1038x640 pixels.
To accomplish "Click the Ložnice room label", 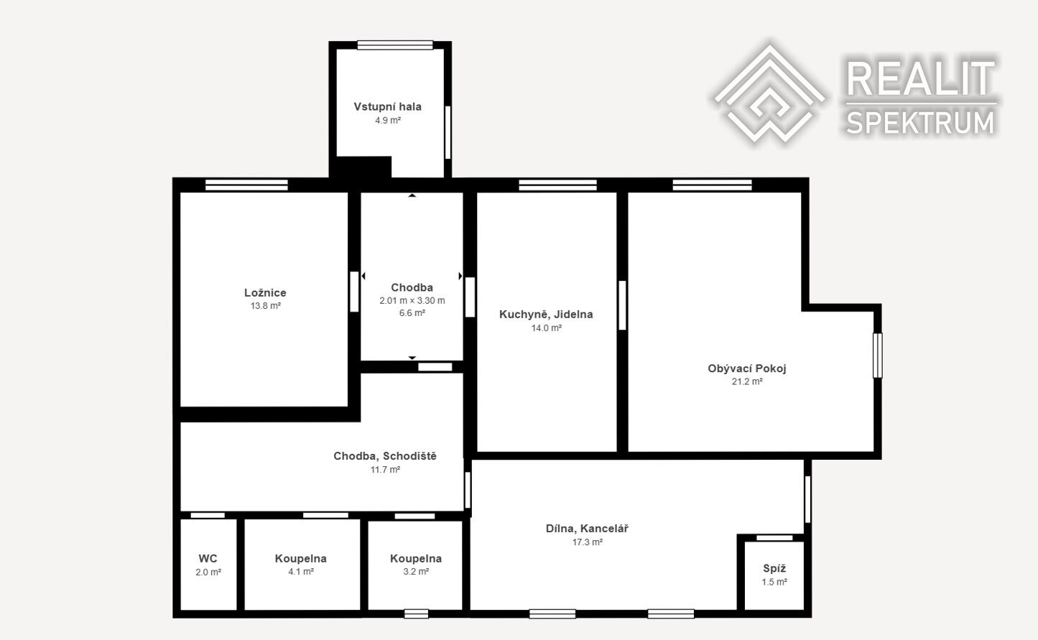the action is (x=265, y=293).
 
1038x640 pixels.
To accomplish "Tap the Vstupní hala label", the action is (x=387, y=106).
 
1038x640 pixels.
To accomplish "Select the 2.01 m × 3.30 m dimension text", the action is (x=412, y=300).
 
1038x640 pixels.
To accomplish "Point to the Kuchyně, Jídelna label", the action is (x=546, y=314).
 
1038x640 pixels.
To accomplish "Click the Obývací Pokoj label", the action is (x=747, y=368).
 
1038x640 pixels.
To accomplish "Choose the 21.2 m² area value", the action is (x=747, y=381).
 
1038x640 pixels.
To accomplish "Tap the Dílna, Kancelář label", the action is (x=587, y=529).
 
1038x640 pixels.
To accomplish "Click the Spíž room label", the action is (x=774, y=568).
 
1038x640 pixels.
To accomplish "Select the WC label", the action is (x=208, y=558).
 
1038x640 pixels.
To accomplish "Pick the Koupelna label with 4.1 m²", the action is (x=301, y=558).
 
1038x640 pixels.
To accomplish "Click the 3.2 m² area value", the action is (x=416, y=572).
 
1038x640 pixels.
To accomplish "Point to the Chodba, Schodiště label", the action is (x=385, y=456).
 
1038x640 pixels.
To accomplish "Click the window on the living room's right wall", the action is (x=877, y=356).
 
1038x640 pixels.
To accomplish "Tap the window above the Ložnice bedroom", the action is (x=246, y=185).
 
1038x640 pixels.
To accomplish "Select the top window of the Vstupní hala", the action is (x=395, y=45).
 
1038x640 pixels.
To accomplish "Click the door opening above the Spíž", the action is (x=774, y=537).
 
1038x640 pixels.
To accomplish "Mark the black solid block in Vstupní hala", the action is (x=363, y=167).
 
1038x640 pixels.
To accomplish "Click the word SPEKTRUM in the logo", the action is (x=920, y=123).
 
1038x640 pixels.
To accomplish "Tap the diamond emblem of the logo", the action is (x=769, y=93).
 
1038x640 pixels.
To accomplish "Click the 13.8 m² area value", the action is (x=266, y=306).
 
